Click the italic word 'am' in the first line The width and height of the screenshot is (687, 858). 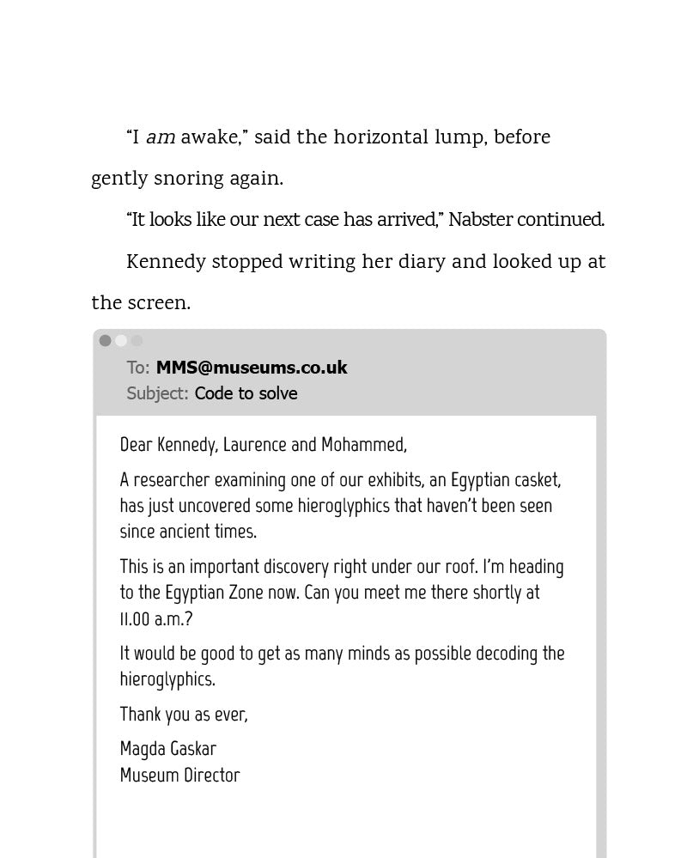coord(161,138)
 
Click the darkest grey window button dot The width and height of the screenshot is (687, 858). coord(105,341)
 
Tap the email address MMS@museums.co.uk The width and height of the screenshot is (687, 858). coord(252,368)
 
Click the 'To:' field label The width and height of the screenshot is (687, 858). coord(138,368)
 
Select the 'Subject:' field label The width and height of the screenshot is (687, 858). coord(157,393)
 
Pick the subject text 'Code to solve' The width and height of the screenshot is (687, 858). coord(246,393)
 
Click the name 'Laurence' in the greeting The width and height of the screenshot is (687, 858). coord(254,445)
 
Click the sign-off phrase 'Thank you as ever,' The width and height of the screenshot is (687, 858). coord(184,715)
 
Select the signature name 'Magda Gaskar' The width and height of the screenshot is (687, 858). coord(168,749)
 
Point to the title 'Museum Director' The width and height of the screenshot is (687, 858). coord(179,776)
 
